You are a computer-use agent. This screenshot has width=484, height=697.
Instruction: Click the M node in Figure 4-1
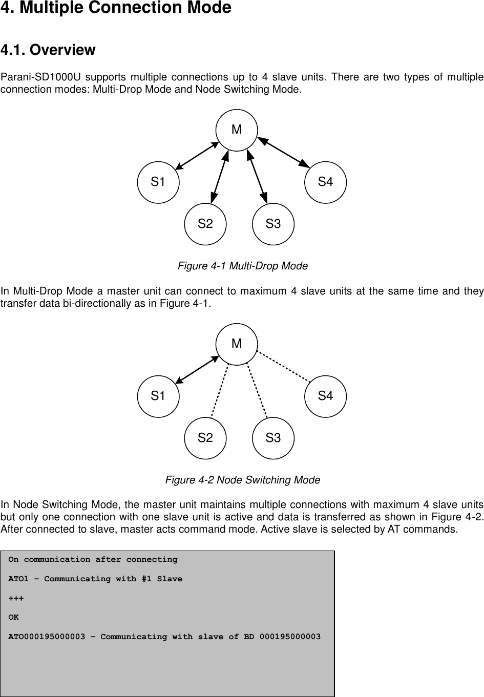click(x=236, y=130)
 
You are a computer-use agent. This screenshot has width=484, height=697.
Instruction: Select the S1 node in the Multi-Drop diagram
click(x=158, y=182)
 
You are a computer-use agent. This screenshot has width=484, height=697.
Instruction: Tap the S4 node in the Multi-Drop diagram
click(x=325, y=182)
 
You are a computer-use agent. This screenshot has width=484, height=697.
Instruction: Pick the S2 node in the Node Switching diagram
click(x=205, y=438)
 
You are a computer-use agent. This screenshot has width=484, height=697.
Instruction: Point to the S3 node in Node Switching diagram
click(x=273, y=438)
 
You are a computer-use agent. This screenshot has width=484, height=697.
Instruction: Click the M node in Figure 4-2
click(x=236, y=344)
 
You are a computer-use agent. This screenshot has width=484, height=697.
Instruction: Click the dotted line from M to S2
click(x=220, y=391)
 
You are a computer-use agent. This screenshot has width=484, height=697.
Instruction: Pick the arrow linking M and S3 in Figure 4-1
click(x=257, y=175)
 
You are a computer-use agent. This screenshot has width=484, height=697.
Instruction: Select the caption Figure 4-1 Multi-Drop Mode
click(x=242, y=266)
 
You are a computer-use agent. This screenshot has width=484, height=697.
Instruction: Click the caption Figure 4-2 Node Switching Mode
click(x=242, y=480)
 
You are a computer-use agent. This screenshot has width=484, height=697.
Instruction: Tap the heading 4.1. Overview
click(x=48, y=50)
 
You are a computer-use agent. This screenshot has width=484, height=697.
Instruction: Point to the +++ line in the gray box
click(x=15, y=598)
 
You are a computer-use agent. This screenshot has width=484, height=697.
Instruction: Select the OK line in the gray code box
click(x=14, y=618)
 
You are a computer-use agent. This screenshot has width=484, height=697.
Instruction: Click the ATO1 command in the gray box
click(x=21, y=579)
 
